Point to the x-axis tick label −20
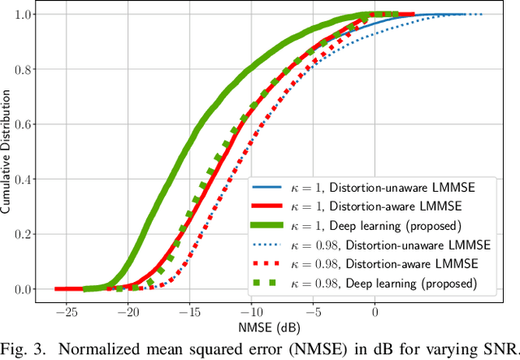[x=127, y=311]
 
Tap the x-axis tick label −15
[x=188, y=311]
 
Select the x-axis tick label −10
[x=250, y=311]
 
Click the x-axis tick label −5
[x=314, y=311]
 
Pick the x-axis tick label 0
[x=375, y=311]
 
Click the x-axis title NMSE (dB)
[x=271, y=327]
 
